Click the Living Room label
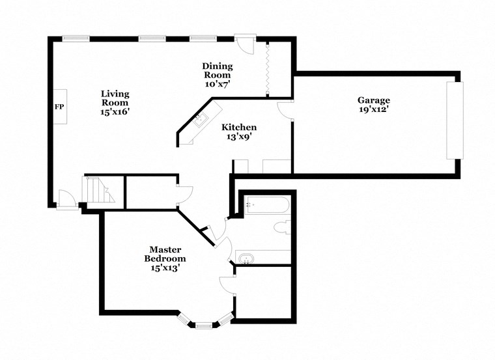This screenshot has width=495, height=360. pyautogui.click(x=115, y=98)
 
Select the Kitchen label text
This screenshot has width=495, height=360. pyautogui.click(x=239, y=127)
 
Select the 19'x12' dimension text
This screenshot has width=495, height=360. pyautogui.click(x=374, y=109)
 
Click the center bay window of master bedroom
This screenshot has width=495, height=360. pyautogui.click(x=205, y=323)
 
